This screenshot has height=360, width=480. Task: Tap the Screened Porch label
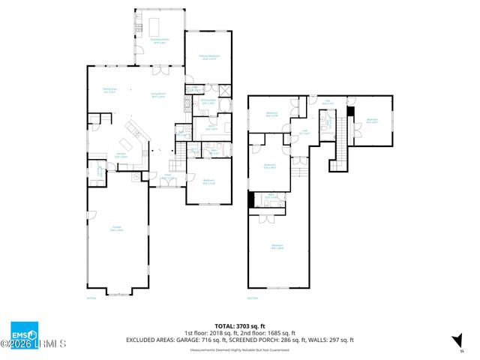[x=159, y=42]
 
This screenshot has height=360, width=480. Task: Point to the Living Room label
[x=158, y=94]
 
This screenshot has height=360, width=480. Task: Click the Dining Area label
[x=110, y=91]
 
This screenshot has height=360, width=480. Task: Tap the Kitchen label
[x=119, y=155]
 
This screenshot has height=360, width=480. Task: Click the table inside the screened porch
[x=159, y=26]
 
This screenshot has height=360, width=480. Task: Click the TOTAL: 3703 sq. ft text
[x=239, y=325]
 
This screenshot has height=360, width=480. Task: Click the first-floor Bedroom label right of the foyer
[x=208, y=181]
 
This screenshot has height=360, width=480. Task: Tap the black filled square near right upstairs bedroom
[x=349, y=112]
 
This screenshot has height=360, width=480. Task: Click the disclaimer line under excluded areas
[x=239, y=349]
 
